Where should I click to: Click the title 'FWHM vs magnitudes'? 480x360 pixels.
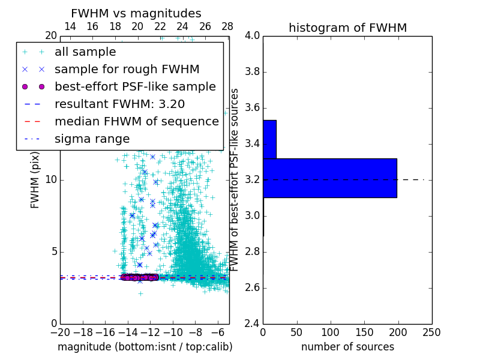pyautogui.click(x=136, y=13)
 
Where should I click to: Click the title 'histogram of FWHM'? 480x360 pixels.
pyautogui.click(x=347, y=28)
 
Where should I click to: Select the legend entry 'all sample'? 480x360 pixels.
pyautogui.click(x=85, y=52)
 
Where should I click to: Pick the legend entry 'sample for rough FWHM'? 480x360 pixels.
pyautogui.click(x=127, y=69)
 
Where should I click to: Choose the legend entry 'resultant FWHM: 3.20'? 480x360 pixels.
pyautogui.click(x=119, y=104)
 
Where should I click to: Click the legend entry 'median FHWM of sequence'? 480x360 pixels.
pyautogui.click(x=136, y=121)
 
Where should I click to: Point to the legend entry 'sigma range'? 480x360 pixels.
pyautogui.click(x=92, y=139)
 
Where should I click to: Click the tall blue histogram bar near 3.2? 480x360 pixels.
pyautogui.click(x=329, y=178)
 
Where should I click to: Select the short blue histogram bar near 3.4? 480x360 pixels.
pyautogui.click(x=269, y=139)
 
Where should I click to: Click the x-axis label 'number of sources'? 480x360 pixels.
pyautogui.click(x=347, y=347)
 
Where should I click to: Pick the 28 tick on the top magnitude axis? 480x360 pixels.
pyautogui.click(x=227, y=26)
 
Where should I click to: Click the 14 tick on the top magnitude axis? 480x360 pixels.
pyautogui.click(x=70, y=26)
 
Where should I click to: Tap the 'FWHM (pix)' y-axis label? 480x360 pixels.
pyautogui.click(x=35, y=180)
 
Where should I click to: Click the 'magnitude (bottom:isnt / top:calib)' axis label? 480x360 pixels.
pyautogui.click(x=145, y=347)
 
